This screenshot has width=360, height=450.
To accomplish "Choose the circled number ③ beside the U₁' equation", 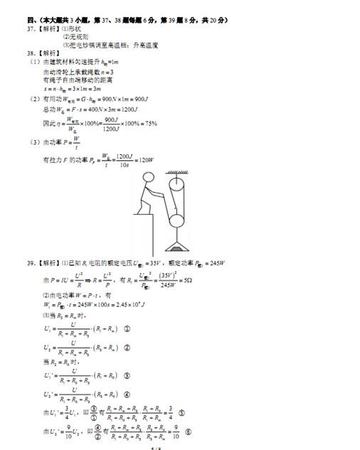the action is click(127, 375).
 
